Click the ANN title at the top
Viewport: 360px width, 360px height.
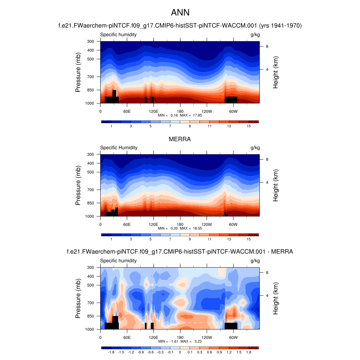[180, 13]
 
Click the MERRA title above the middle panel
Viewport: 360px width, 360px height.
[180, 139]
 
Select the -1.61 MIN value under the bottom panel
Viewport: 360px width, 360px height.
[174, 341]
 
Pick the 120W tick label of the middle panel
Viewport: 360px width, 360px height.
[206, 224]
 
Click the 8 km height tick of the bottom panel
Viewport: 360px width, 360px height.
[267, 272]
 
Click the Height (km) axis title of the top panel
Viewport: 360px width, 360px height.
[276, 72]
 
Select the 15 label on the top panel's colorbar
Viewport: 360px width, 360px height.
[248, 126]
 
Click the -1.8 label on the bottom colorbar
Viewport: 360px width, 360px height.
[111, 352]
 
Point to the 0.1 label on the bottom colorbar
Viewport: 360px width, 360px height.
[189, 352]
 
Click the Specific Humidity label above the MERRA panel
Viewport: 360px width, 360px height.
[119, 148]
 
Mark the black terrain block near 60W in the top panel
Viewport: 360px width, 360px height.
[231, 99]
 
